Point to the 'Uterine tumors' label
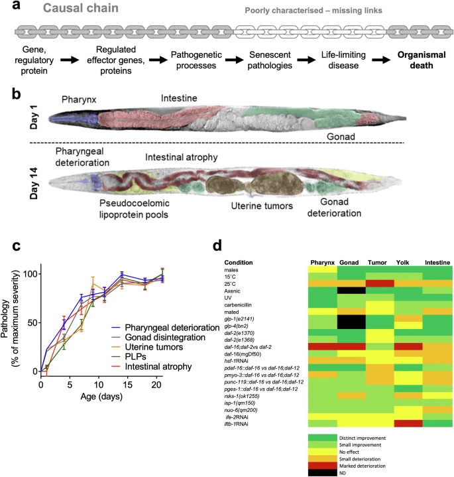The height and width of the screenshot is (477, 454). pyautogui.click(x=245, y=205)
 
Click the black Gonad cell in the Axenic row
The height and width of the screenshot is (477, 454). pyautogui.click(x=352, y=290)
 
